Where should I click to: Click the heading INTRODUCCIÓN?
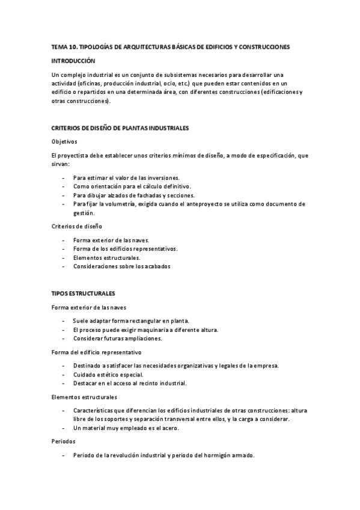[73, 61]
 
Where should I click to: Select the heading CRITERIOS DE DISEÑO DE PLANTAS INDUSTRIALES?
[120, 128]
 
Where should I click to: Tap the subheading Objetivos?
[64, 141]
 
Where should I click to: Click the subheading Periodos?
[64, 441]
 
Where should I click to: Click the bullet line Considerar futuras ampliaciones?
[117, 338]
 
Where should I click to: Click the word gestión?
[84, 212]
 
